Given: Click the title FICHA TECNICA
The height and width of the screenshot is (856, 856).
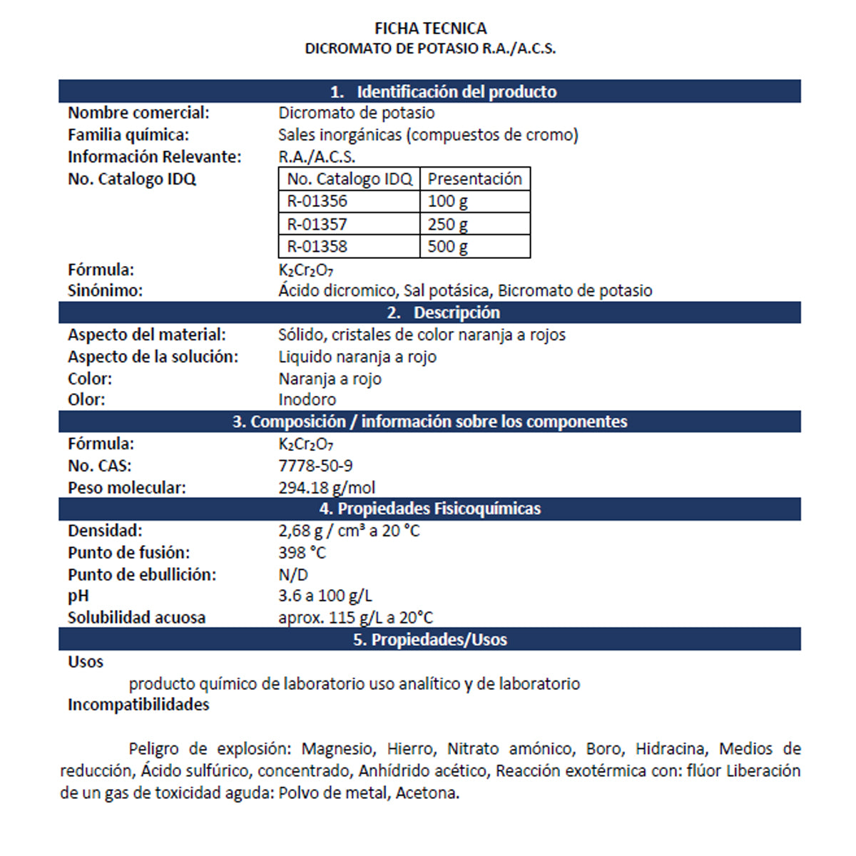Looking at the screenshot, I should [x=430, y=29].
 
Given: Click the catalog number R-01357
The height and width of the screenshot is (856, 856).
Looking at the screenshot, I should [x=317, y=224].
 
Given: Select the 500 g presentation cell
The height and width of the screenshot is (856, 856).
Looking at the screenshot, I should [x=448, y=247].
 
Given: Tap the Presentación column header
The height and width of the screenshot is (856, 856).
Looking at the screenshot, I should [x=474, y=179].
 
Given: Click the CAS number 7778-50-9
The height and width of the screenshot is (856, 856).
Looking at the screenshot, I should [x=315, y=466].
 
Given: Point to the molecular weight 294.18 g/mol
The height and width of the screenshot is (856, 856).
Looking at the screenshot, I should [x=327, y=488].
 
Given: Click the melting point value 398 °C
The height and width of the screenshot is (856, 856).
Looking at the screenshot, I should [x=302, y=553].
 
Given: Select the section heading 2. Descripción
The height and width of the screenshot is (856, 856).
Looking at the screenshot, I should [x=444, y=312].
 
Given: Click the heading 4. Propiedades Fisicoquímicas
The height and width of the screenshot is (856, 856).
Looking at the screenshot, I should [x=429, y=509].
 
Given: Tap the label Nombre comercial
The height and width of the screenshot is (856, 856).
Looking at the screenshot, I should [x=138, y=113].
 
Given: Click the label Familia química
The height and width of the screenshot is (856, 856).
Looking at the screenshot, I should [x=128, y=135].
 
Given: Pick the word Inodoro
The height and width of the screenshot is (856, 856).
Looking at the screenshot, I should [x=307, y=399].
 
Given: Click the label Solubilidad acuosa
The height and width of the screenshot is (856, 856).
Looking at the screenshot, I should [x=136, y=618].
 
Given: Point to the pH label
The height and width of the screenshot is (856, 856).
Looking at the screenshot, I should [x=78, y=596].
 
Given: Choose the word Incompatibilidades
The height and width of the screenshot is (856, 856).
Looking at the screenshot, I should [x=138, y=705].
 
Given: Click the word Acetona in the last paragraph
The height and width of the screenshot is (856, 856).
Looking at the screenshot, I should [x=427, y=793].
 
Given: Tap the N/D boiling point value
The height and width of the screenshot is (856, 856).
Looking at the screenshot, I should [x=293, y=575].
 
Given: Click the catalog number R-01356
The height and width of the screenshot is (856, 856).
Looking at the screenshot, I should [x=317, y=201].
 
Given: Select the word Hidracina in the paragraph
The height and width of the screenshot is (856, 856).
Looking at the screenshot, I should [x=670, y=749].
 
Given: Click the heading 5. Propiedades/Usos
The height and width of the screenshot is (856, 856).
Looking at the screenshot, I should [x=429, y=639].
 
